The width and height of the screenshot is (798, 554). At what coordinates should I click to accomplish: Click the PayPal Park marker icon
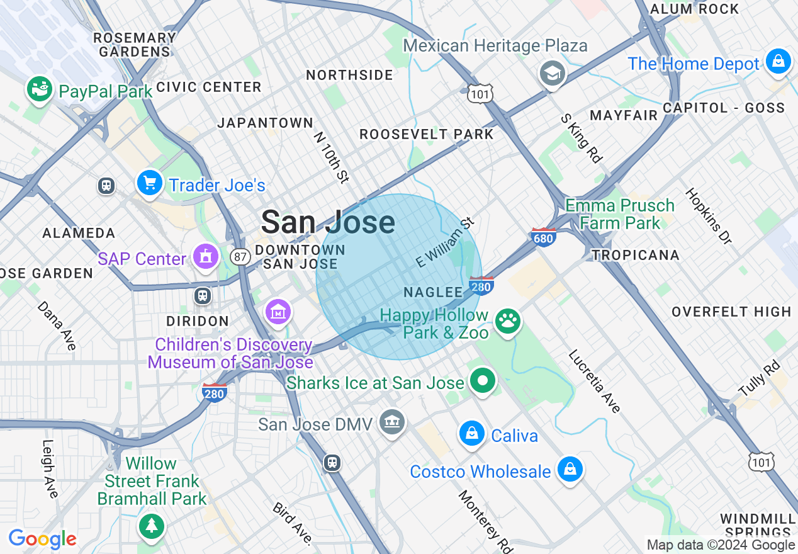point(40,89)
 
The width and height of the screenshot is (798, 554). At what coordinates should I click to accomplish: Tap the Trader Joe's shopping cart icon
point(149,183)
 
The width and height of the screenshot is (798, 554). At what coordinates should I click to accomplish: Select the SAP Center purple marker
point(206,256)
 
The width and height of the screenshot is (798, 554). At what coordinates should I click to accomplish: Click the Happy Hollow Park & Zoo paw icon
point(507,321)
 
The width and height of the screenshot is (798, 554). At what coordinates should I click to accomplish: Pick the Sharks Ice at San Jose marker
point(483,380)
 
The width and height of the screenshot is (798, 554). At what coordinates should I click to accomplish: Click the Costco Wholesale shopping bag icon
point(570,469)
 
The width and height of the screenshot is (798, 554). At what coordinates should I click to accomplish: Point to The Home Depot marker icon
point(778,62)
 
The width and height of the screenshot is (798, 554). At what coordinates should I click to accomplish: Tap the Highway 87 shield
point(239,256)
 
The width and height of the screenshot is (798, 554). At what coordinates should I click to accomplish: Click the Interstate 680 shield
point(542,237)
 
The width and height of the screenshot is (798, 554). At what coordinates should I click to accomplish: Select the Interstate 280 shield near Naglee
point(481,285)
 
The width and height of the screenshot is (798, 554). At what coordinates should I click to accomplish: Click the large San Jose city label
point(328,222)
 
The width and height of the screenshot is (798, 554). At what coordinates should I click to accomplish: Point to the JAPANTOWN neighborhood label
point(265,123)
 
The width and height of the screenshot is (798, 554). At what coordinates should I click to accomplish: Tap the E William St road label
point(445,242)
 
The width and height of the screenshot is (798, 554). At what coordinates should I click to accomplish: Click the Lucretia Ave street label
point(594,382)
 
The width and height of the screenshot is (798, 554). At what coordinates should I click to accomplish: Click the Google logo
point(42,539)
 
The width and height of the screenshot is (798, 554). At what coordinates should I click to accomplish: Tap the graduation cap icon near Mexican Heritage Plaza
point(552,74)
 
